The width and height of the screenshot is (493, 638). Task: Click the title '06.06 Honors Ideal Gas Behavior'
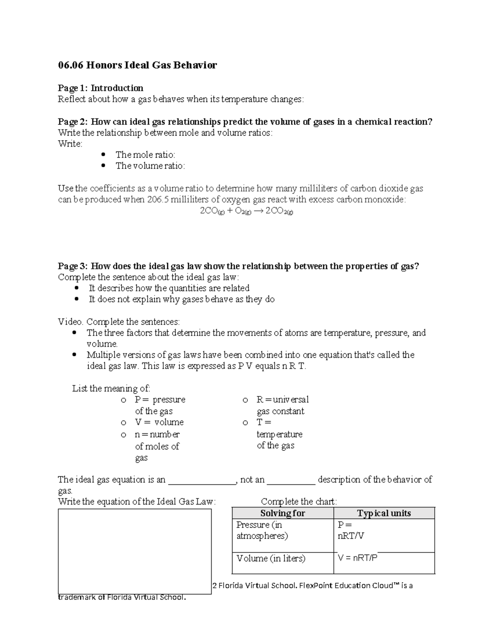pyautogui.click(x=137, y=65)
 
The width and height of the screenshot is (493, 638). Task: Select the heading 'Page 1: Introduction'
pyautogui.click(x=100, y=88)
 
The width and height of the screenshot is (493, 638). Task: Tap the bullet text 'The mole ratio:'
pyautogui.click(x=145, y=154)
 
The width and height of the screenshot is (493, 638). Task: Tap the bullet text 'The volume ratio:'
pyautogui.click(x=150, y=166)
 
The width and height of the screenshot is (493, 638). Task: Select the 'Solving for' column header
pyautogui.click(x=282, y=513)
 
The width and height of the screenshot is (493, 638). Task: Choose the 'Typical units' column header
pyautogui.click(x=384, y=513)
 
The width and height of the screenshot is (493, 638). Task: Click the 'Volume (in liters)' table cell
pyautogui.click(x=271, y=558)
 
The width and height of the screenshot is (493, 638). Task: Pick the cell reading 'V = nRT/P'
pyautogui.click(x=357, y=558)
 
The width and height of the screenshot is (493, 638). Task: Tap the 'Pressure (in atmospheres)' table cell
pyautogui.click(x=262, y=530)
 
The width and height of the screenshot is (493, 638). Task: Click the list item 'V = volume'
pyautogui.click(x=159, y=422)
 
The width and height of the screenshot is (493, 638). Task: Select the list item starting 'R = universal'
pyautogui.click(x=282, y=400)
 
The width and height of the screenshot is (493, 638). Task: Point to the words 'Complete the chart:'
pyautogui.click(x=299, y=502)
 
